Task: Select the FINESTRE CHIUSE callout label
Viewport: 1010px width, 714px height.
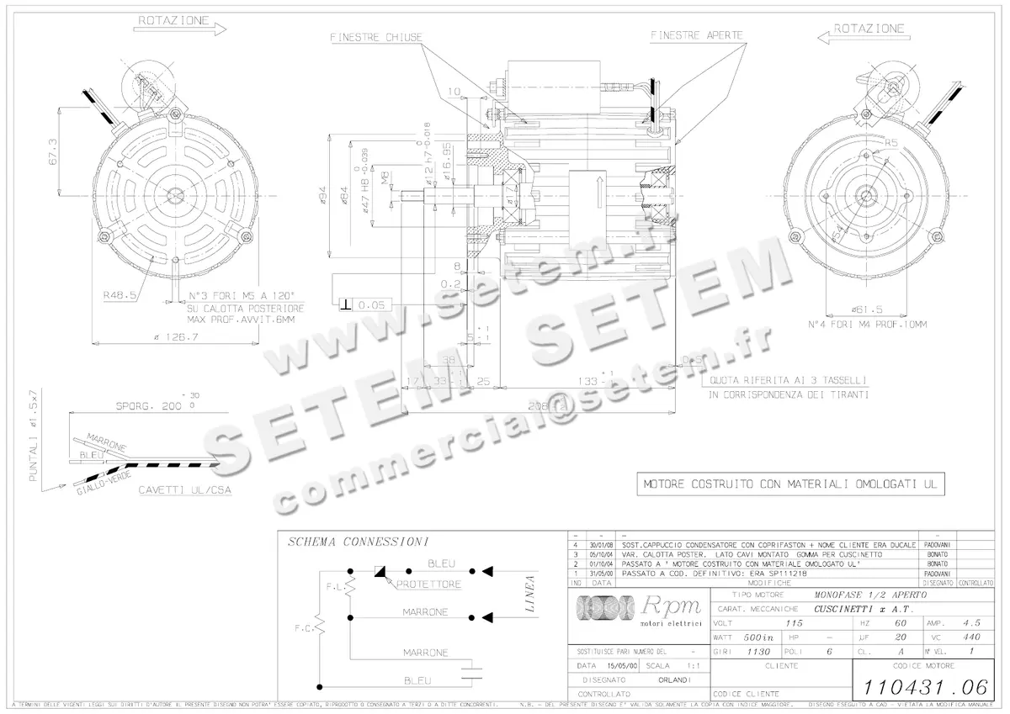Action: pos(376,36)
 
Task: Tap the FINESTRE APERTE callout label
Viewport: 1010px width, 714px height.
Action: pos(696,35)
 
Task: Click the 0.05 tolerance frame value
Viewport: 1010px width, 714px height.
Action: pos(371,304)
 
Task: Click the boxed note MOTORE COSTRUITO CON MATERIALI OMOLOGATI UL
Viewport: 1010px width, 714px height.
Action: pos(792,484)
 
